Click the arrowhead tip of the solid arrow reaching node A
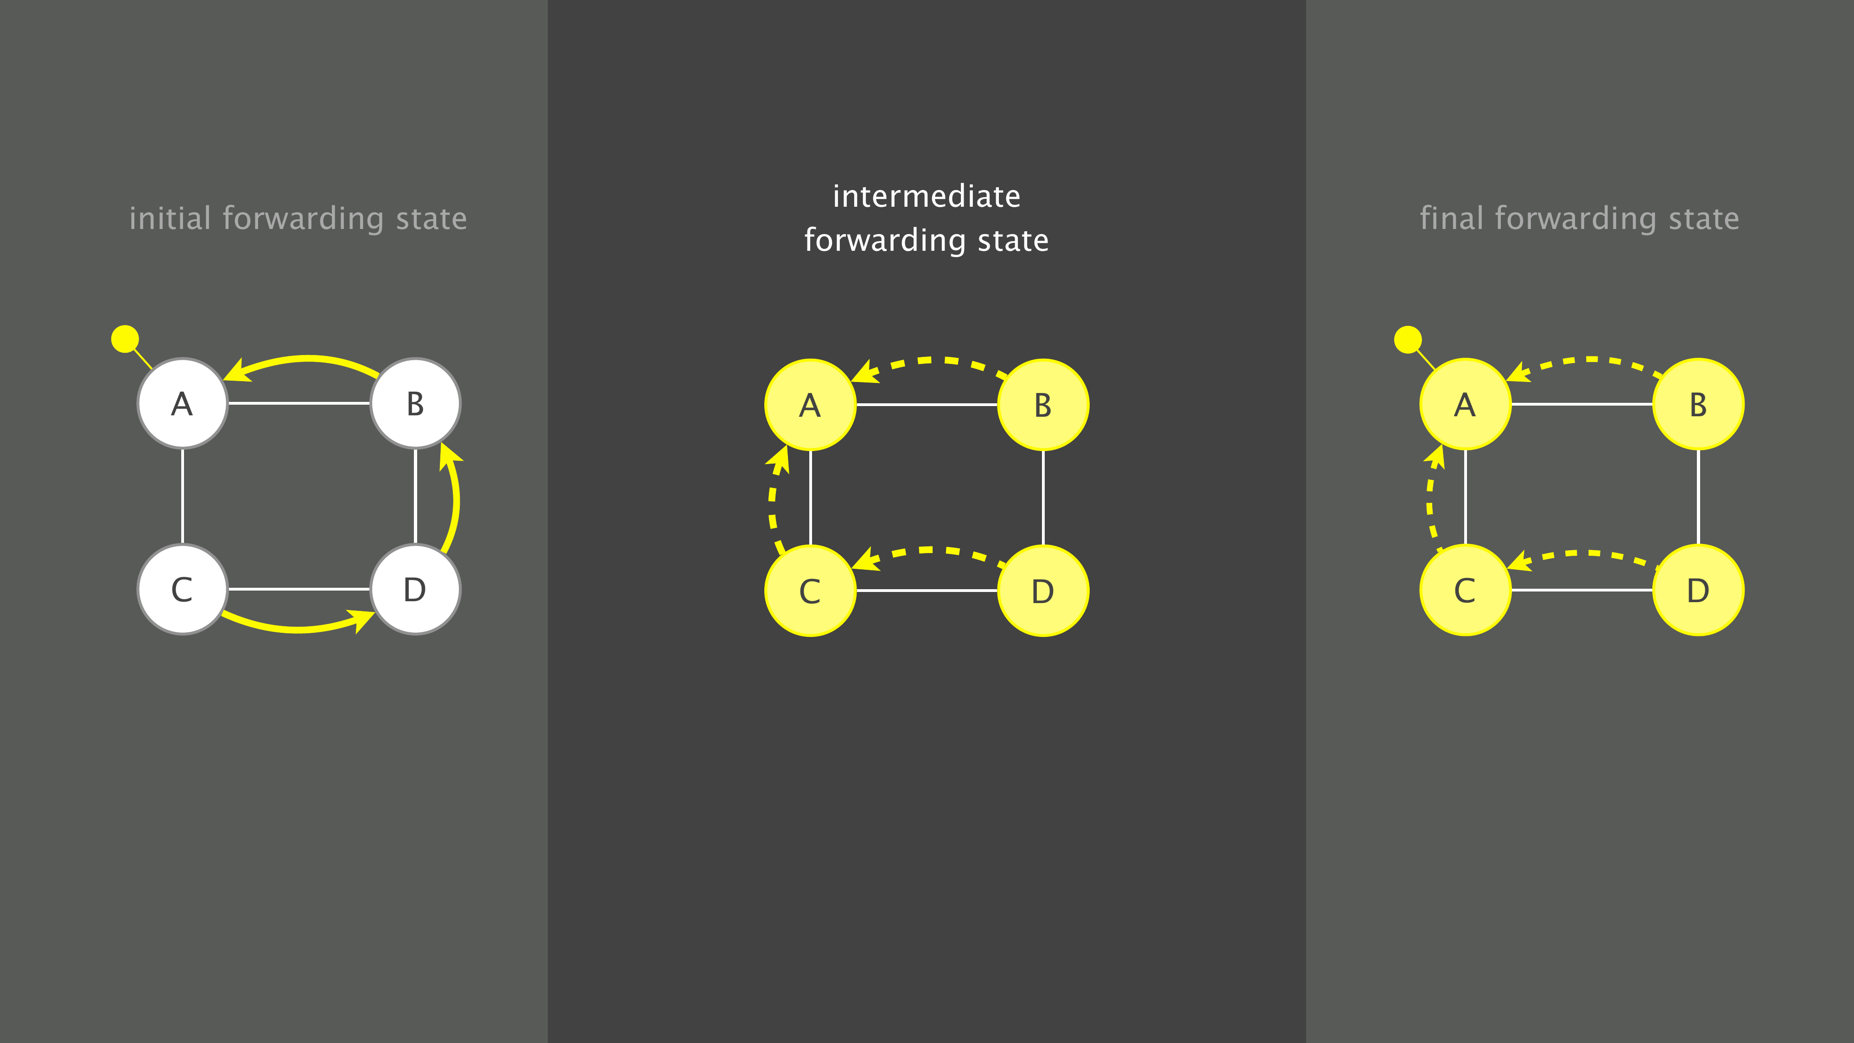224,377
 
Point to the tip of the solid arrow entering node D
375,612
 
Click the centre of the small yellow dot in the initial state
125,339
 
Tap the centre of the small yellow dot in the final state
1408,340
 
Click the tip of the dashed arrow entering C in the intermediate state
851,568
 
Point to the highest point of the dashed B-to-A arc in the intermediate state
928,360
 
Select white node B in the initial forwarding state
415,403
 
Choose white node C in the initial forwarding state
183,590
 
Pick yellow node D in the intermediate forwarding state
1043,591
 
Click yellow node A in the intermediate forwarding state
810,405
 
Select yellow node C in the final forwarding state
1465,590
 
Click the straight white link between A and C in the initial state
183,496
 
